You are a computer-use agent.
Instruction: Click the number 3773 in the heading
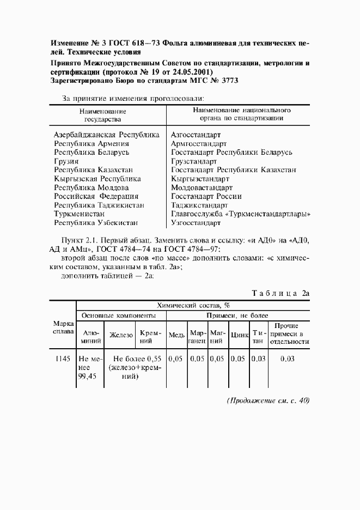click(x=229, y=80)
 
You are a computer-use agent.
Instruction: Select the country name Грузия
click(x=66, y=161)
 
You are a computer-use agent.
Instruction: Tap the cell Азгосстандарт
click(x=196, y=135)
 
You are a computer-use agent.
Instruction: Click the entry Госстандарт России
click(x=206, y=196)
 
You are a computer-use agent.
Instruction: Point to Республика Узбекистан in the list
click(x=96, y=222)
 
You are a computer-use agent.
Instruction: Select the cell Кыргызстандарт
click(x=200, y=179)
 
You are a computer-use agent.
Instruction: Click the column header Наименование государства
click(x=102, y=114)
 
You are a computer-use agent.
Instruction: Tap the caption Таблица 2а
click(x=280, y=293)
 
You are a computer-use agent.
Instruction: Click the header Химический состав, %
click(x=193, y=306)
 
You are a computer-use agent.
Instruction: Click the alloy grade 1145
click(x=62, y=359)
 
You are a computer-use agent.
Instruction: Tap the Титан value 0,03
click(x=258, y=359)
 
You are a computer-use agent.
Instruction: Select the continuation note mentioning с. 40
click(x=268, y=400)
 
